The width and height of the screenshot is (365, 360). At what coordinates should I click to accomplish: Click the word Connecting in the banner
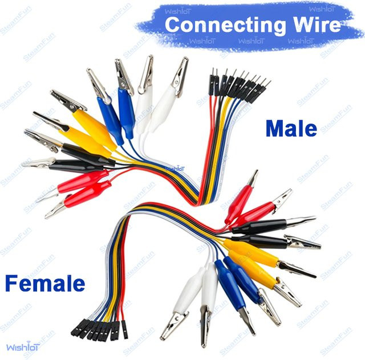tap(225, 26)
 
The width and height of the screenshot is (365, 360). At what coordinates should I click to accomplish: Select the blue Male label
tap(291, 129)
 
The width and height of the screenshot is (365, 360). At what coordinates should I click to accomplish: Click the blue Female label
tap(45, 283)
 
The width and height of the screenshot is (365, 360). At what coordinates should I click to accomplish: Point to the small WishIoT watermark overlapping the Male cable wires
tap(175, 169)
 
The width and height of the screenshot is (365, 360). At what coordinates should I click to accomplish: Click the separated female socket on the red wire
tap(124, 330)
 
